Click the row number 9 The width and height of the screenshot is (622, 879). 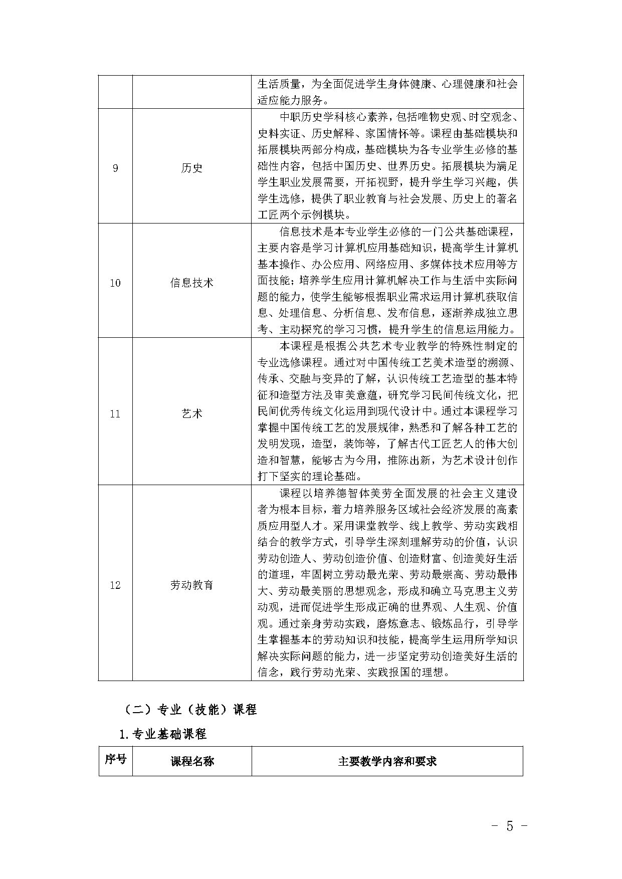(x=115, y=168)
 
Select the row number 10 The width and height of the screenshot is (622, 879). (x=115, y=283)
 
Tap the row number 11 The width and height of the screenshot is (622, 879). (x=115, y=414)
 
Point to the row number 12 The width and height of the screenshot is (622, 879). (x=115, y=585)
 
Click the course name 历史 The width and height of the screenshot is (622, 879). (x=191, y=168)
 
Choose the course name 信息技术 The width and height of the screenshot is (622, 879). (x=191, y=283)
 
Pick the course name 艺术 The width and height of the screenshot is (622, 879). (x=191, y=414)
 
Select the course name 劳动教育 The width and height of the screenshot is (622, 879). (x=191, y=585)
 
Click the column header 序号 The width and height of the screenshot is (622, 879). (x=115, y=759)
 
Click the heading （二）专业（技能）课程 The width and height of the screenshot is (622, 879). (x=190, y=710)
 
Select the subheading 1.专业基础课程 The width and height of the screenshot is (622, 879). (x=163, y=734)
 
